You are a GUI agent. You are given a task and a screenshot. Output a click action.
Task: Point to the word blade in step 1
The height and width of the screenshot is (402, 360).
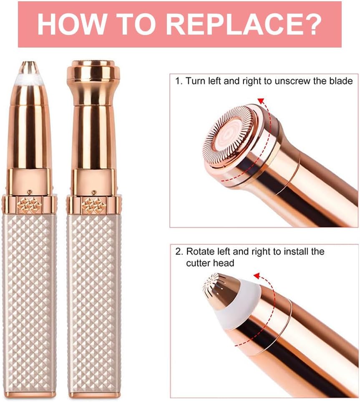coord(341,81)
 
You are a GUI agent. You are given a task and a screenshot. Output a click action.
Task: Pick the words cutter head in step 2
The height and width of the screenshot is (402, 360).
coord(210,263)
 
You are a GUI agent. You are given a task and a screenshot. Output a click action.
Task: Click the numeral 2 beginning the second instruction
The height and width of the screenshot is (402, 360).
coord(179,251)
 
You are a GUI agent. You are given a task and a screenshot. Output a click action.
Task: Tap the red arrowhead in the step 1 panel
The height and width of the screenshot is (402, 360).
coord(261,100)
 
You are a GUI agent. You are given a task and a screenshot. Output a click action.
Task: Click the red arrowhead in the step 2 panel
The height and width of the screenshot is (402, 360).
coord(257,276)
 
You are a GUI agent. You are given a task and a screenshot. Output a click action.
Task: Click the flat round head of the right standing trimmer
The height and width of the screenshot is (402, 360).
coord(93,70)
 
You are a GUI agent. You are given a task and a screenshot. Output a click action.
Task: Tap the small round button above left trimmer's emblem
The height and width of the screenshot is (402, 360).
coord(30,191)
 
